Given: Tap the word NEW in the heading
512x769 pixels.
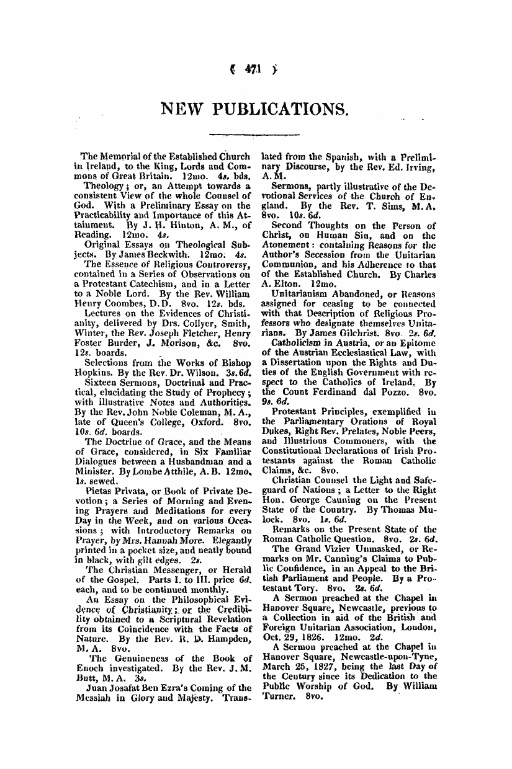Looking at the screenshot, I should click(x=182, y=110).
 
